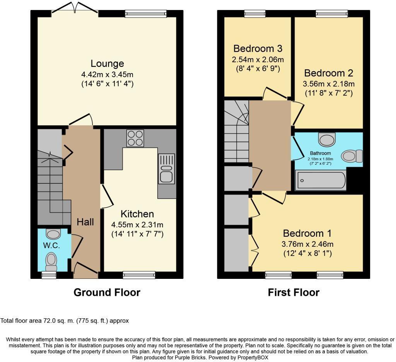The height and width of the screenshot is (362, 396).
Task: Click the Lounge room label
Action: (107, 63)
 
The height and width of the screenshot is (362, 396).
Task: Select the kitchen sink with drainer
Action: (167, 169)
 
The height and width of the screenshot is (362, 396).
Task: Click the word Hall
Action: (85, 222)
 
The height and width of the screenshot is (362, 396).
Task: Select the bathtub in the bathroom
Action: (321, 181)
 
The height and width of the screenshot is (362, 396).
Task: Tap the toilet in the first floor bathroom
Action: (352, 156)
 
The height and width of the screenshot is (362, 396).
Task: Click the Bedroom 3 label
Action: (258, 49)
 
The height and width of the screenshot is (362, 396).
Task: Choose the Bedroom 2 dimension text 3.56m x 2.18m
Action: (329, 84)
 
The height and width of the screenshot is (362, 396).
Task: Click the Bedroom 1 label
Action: (307, 234)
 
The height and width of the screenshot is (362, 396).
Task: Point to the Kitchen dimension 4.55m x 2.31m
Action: (137, 224)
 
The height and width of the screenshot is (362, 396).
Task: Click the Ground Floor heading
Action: (107, 292)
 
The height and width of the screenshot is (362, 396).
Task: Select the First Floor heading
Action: (294, 292)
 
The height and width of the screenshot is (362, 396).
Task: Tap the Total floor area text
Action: (65, 321)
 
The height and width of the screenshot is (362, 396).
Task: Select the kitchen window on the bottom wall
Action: (139, 275)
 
